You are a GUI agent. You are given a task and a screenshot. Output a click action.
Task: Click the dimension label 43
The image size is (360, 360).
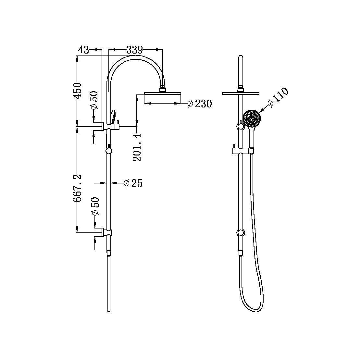[83, 50]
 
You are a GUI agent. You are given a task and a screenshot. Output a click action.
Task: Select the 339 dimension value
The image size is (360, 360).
[134, 50]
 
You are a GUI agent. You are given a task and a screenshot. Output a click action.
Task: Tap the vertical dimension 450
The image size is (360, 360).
[77, 91]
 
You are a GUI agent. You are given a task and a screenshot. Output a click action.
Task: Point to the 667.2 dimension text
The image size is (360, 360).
[77, 188]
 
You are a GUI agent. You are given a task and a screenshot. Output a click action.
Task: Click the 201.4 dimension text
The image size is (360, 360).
[137, 147]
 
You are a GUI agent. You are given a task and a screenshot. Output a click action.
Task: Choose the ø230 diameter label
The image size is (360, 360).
[200, 104]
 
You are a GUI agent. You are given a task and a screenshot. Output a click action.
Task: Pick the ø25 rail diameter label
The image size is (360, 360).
[133, 183]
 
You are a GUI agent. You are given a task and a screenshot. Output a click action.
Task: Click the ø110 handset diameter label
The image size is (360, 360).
[278, 96]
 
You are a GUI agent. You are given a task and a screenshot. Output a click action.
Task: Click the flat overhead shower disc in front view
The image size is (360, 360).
[241, 93]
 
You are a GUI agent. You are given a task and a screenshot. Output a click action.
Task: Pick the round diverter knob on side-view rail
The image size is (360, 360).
[109, 151]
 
